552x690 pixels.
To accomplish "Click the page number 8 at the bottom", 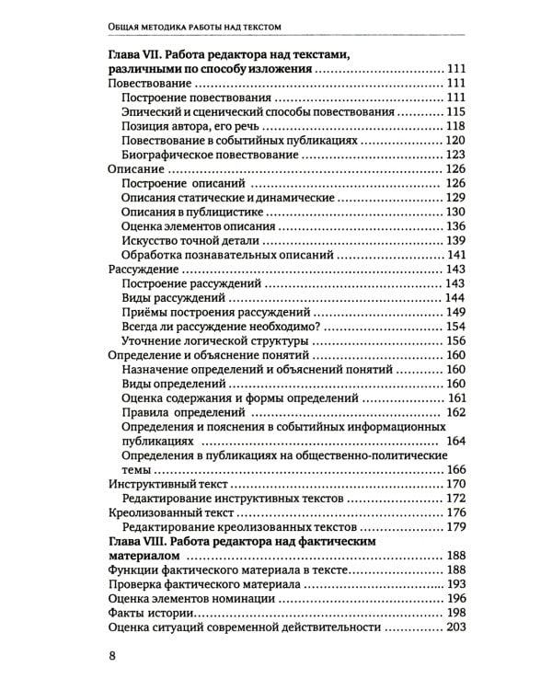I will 112,655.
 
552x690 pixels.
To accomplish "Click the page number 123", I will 456,155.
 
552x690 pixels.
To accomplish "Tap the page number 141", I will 456,255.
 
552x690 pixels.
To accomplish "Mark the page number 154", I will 456,327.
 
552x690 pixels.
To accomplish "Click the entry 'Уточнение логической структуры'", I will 214,341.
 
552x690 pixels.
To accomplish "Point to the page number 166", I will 456,470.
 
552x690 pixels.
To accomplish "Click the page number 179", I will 456,528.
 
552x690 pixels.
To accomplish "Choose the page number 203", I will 456,628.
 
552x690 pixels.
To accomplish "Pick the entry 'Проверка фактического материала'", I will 206,585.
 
